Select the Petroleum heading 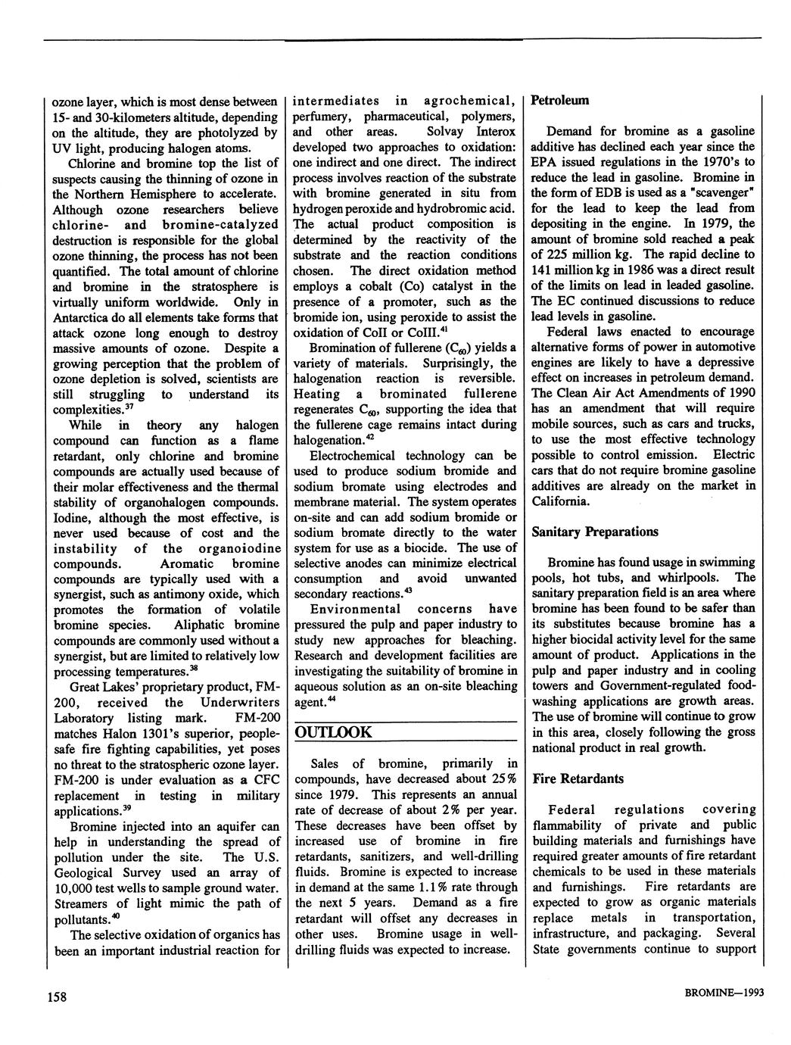pos(560,100)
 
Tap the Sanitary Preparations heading pos(595,532)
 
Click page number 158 pos(58,997)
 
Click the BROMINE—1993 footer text pos(712,997)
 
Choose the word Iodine pos(72,518)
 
